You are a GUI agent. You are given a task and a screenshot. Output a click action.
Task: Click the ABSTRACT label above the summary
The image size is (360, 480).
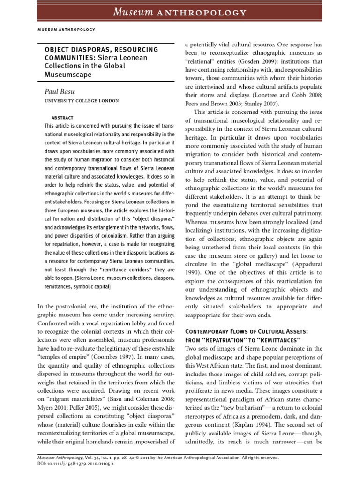pos(62,118)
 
